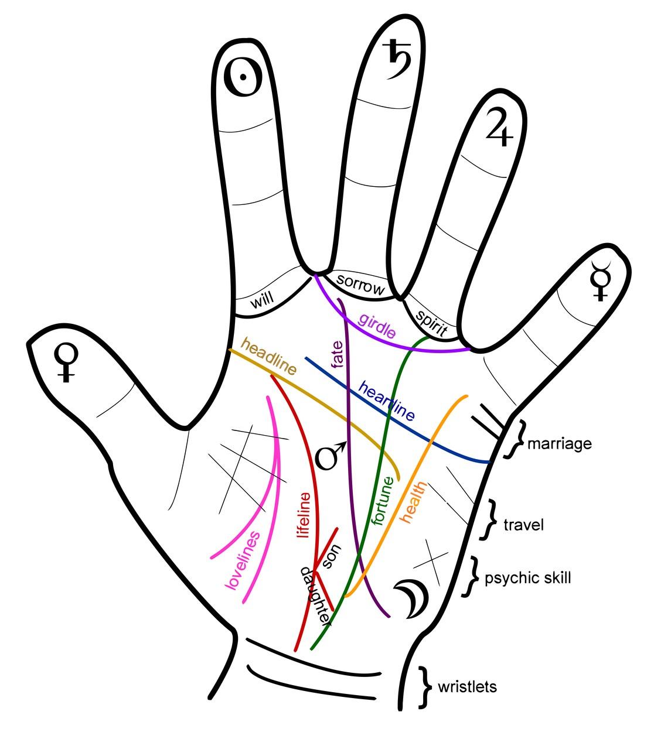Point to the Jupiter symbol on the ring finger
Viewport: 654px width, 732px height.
tap(500, 126)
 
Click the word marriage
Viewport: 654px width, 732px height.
tap(559, 443)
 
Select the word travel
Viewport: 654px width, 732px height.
tap(524, 524)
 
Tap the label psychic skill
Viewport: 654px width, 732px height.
tap(527, 578)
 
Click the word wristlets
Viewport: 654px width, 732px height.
tap(467, 686)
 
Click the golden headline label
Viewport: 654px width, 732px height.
tap(268, 355)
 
